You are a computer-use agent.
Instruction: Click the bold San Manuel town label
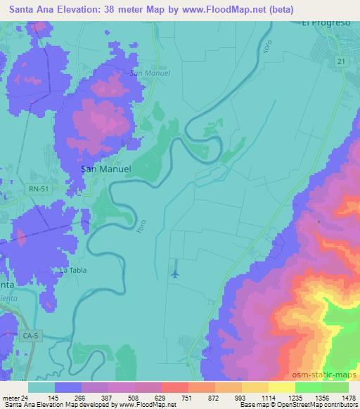(x=106, y=169)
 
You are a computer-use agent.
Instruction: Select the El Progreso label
(x=326, y=22)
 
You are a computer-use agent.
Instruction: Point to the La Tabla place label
(x=73, y=270)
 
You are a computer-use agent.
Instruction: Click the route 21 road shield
(x=340, y=62)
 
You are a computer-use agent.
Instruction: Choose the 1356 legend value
(x=307, y=398)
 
